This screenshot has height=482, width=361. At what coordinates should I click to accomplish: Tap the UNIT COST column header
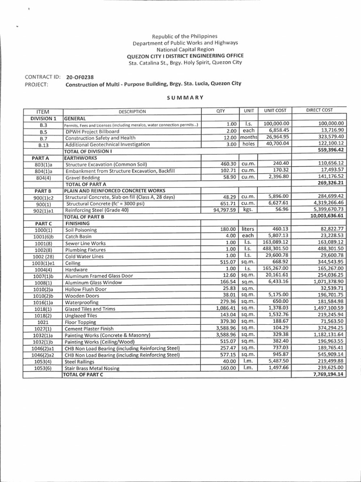275,111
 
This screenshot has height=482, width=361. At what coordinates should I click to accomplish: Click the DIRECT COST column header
319,110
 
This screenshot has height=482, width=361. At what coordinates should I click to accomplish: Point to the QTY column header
220,111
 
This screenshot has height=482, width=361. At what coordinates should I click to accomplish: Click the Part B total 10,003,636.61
327,216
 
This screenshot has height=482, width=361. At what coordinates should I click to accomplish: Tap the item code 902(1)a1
43,210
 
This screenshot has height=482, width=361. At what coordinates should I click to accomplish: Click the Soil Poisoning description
81,230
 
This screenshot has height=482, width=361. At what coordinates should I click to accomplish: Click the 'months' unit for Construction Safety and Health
248,137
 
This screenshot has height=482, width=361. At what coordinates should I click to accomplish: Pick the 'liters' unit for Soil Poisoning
248,229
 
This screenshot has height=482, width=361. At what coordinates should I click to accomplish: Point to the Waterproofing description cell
82,302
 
